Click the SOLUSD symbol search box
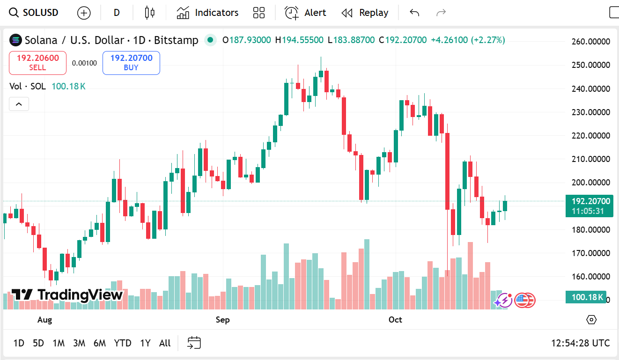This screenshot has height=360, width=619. [35, 13]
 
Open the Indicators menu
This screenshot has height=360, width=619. [207, 13]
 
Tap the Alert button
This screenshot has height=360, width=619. [305, 13]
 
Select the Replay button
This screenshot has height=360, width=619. [365, 13]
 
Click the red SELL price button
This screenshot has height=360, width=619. [37, 63]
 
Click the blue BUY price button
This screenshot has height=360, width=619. [131, 63]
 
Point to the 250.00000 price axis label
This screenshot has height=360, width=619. [591, 65]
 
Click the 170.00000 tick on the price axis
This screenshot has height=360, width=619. [591, 253]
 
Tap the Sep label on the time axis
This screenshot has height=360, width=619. [222, 320]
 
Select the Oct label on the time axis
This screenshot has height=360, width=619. [395, 320]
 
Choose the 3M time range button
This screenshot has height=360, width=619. [79, 343]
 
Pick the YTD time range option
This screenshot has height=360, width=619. [123, 343]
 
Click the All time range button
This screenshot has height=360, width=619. [165, 343]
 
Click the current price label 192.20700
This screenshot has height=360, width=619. [590, 202]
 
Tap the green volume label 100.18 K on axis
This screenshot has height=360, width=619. [586, 297]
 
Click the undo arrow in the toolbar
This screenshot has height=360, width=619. [414, 13]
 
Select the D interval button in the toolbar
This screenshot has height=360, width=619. [117, 13]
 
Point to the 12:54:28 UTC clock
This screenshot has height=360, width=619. [580, 343]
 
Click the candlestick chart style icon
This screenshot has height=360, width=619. [150, 13]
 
